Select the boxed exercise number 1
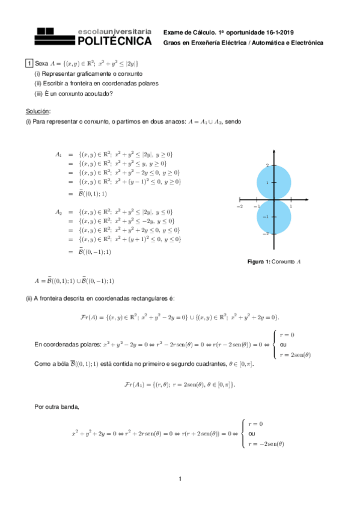pyautogui.click(x=29, y=63)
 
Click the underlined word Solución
pyautogui.click(x=38, y=111)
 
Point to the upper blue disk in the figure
pyautogui.click(x=273, y=182)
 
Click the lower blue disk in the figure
pyautogui.click(x=273, y=217)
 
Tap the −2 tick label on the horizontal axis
pyautogui.click(x=239, y=206)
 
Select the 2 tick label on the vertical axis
pyautogui.click(x=268, y=165)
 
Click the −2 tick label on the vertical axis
pyautogui.click(x=266, y=233)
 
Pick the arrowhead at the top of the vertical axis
pyautogui.click(x=273, y=150)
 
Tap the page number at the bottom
pyautogui.click(x=180, y=479)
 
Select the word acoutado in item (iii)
pyautogui.click(x=98, y=93)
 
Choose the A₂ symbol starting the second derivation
pyautogui.click(x=58, y=212)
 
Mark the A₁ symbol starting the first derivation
pyautogui.click(x=58, y=154)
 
